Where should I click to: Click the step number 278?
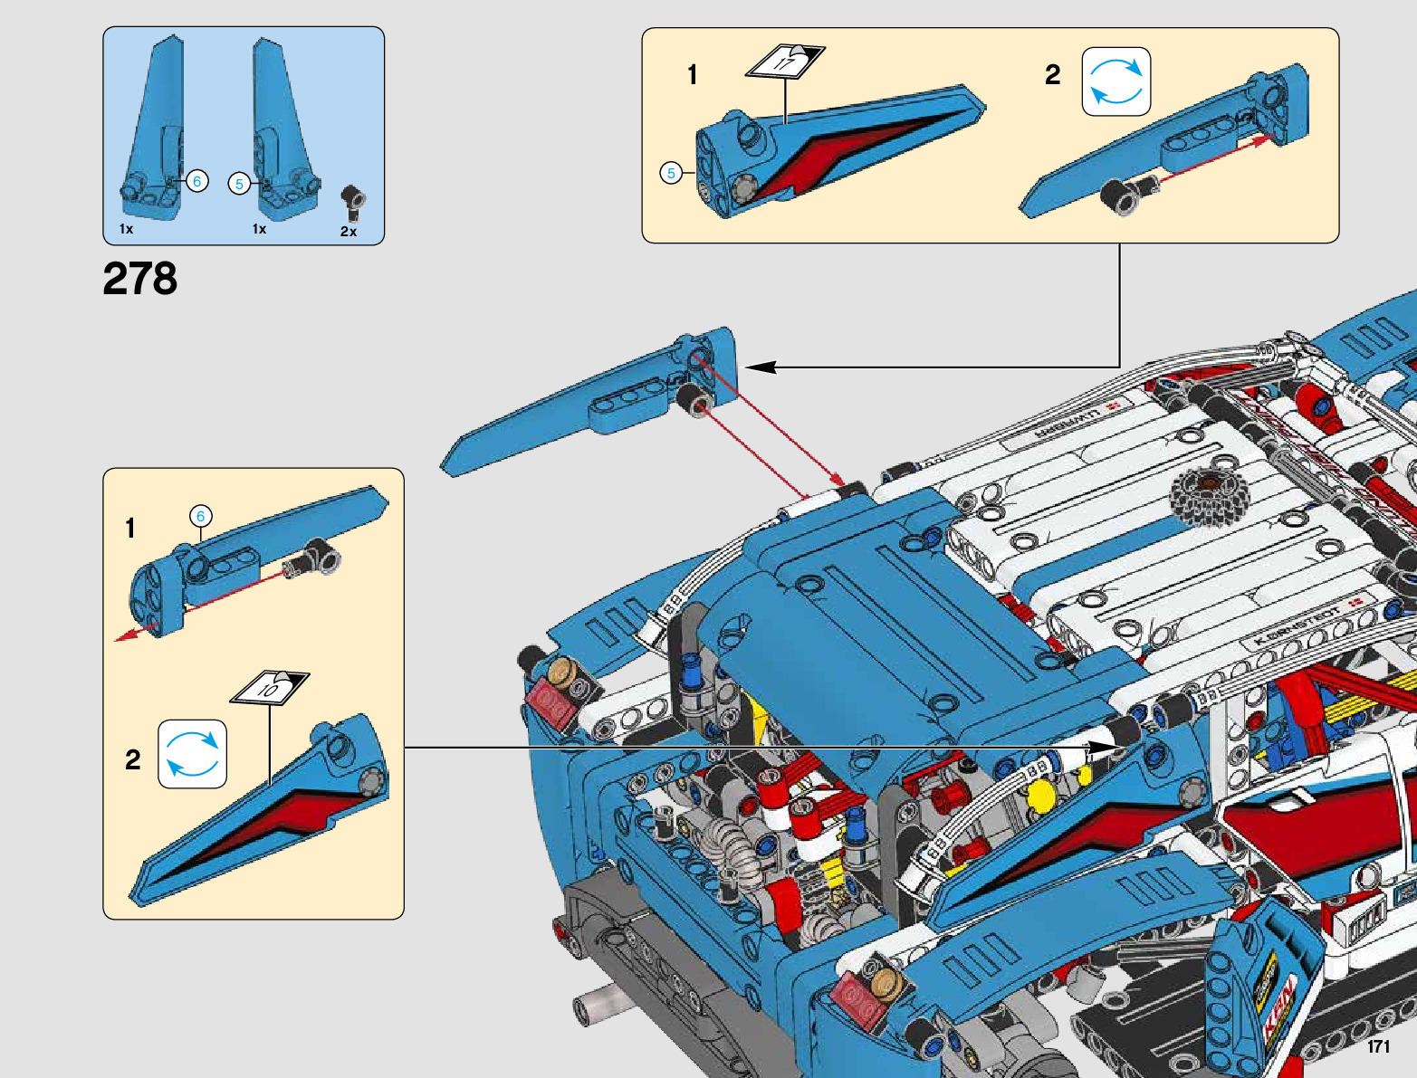pos(139,279)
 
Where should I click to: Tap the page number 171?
pos(1378,1046)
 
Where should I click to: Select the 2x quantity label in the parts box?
pos(349,232)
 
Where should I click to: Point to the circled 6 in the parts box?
pos(197,181)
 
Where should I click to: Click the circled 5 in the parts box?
pos(239,184)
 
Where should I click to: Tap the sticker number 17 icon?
pos(784,62)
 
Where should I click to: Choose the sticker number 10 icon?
pos(270,688)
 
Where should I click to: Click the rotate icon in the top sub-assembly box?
pos(1116,81)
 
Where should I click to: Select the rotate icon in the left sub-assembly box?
pos(192,754)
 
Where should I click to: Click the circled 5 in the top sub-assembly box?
pos(671,173)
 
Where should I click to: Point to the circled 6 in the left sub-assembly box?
pos(201,517)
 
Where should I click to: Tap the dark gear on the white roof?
pos(1208,496)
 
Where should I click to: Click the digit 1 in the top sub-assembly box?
pos(693,75)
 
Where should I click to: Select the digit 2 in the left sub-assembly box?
pos(133,759)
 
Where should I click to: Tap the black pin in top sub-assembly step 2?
pos(1121,195)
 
